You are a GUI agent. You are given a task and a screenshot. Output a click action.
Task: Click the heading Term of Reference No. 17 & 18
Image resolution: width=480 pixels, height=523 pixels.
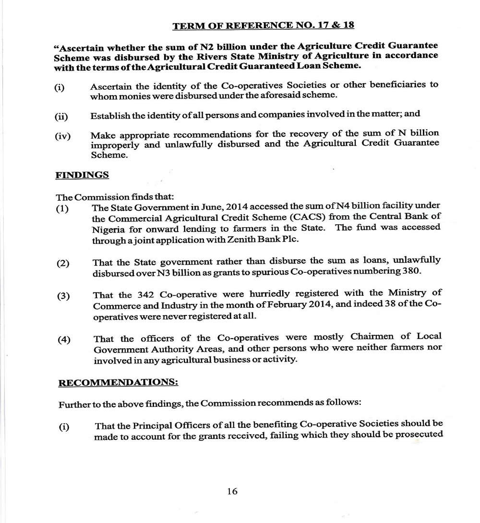point(263,25)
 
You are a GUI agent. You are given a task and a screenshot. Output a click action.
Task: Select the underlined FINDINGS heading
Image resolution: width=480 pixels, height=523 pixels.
point(82,175)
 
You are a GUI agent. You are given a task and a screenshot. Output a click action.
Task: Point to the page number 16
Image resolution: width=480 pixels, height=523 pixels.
point(232,491)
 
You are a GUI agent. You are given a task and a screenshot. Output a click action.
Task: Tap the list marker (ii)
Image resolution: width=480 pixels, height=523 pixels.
point(61,117)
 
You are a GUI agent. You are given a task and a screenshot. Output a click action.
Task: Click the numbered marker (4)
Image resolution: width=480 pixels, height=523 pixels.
point(64,340)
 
